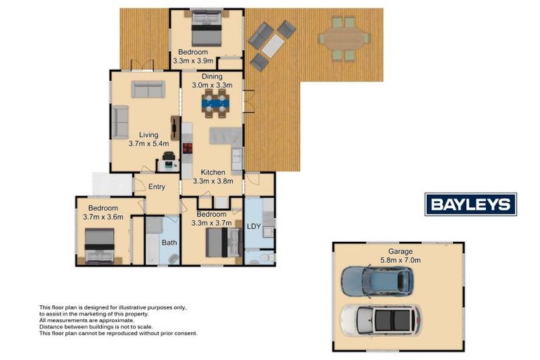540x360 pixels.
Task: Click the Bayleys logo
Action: coord(470,204)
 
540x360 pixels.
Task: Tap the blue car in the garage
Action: coord(377,281)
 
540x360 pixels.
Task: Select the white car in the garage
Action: coord(380,320)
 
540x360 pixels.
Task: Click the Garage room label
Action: coord(398,251)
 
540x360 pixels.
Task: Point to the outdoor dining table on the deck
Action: coord(343,38)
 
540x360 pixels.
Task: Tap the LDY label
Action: coord(254,226)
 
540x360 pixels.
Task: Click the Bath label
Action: coord(169,243)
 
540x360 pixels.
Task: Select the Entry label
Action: coord(156,186)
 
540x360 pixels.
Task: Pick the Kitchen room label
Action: coord(213,172)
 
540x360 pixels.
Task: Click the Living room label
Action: coord(148,135)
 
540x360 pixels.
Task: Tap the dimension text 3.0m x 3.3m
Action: coord(212,84)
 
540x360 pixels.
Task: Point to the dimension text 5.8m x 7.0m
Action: coord(398,259)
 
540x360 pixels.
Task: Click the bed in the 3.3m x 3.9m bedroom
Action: coord(207,31)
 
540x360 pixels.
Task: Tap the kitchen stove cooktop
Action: coord(188,148)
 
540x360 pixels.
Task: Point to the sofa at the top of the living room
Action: coord(148,89)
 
